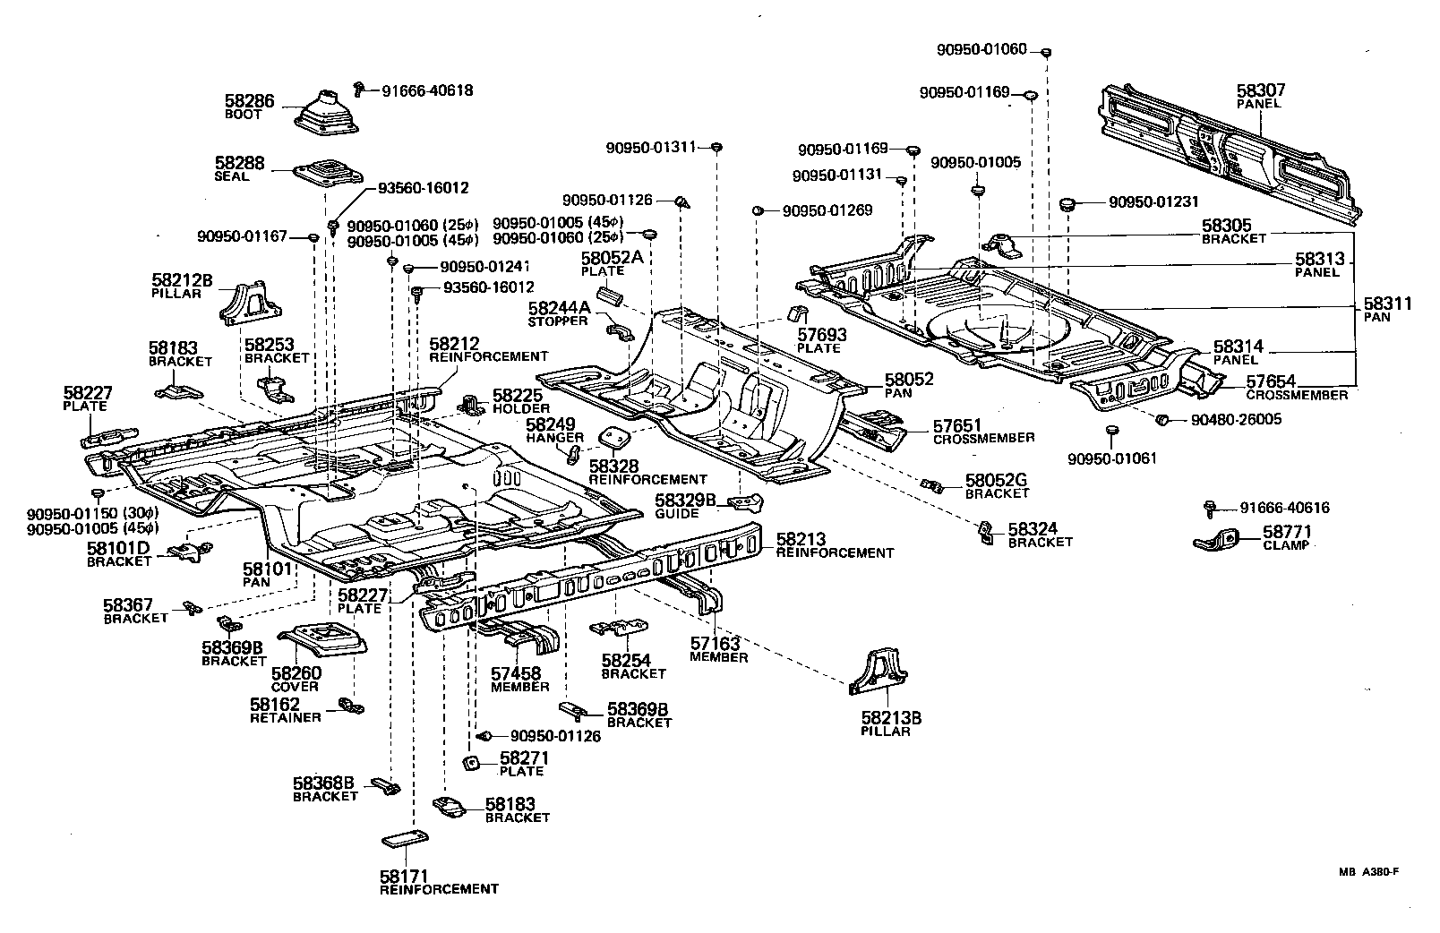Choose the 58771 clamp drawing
tap(1223, 541)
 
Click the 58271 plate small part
tap(468, 764)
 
